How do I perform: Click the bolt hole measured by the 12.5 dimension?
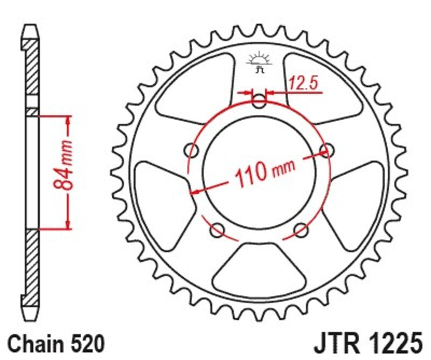(260, 101)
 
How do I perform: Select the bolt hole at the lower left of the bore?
(218, 231)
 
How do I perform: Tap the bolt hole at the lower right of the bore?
(301, 231)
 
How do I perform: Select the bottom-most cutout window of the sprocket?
(260, 269)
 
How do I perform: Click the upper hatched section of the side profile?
(32, 70)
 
